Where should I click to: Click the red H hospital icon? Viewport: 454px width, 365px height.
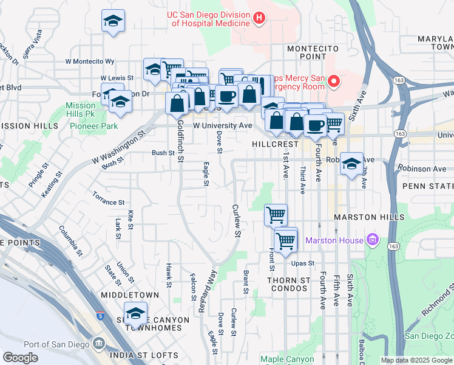[259, 18]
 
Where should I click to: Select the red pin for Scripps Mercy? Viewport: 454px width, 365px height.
[333, 80]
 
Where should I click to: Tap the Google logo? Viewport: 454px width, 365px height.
[21, 358]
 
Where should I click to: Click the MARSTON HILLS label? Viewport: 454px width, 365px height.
[368, 217]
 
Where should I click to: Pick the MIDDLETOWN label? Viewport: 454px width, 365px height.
[131, 295]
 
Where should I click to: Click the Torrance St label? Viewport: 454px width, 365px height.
[108, 198]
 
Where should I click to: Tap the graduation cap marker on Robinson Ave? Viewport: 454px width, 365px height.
[351, 164]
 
